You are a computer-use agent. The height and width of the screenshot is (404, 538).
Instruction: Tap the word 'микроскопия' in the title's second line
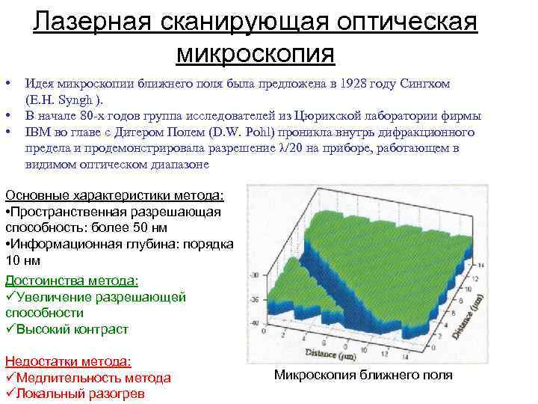pos(256,53)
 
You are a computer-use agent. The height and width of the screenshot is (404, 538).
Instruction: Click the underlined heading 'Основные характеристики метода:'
pos(114,195)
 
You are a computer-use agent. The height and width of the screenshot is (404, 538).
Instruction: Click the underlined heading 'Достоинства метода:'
pos(72,281)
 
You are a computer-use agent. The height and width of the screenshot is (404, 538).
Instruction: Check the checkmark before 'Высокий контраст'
pos(10,329)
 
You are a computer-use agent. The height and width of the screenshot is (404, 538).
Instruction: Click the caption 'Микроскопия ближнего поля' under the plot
pos(363,375)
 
